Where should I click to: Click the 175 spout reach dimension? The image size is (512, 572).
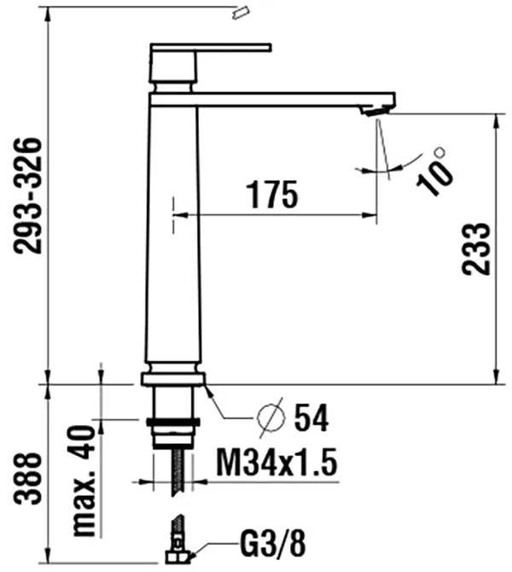272,194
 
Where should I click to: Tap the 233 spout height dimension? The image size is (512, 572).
476,248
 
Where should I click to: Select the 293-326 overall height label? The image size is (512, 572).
27,196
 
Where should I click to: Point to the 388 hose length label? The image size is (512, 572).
27,478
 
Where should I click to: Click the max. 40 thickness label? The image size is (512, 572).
84,481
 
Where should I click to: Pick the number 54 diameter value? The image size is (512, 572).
311,417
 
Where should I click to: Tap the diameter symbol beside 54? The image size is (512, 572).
271,417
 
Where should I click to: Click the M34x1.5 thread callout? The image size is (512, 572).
276,462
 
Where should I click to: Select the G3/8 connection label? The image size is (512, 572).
272,544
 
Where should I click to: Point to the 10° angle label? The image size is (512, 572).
435,171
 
